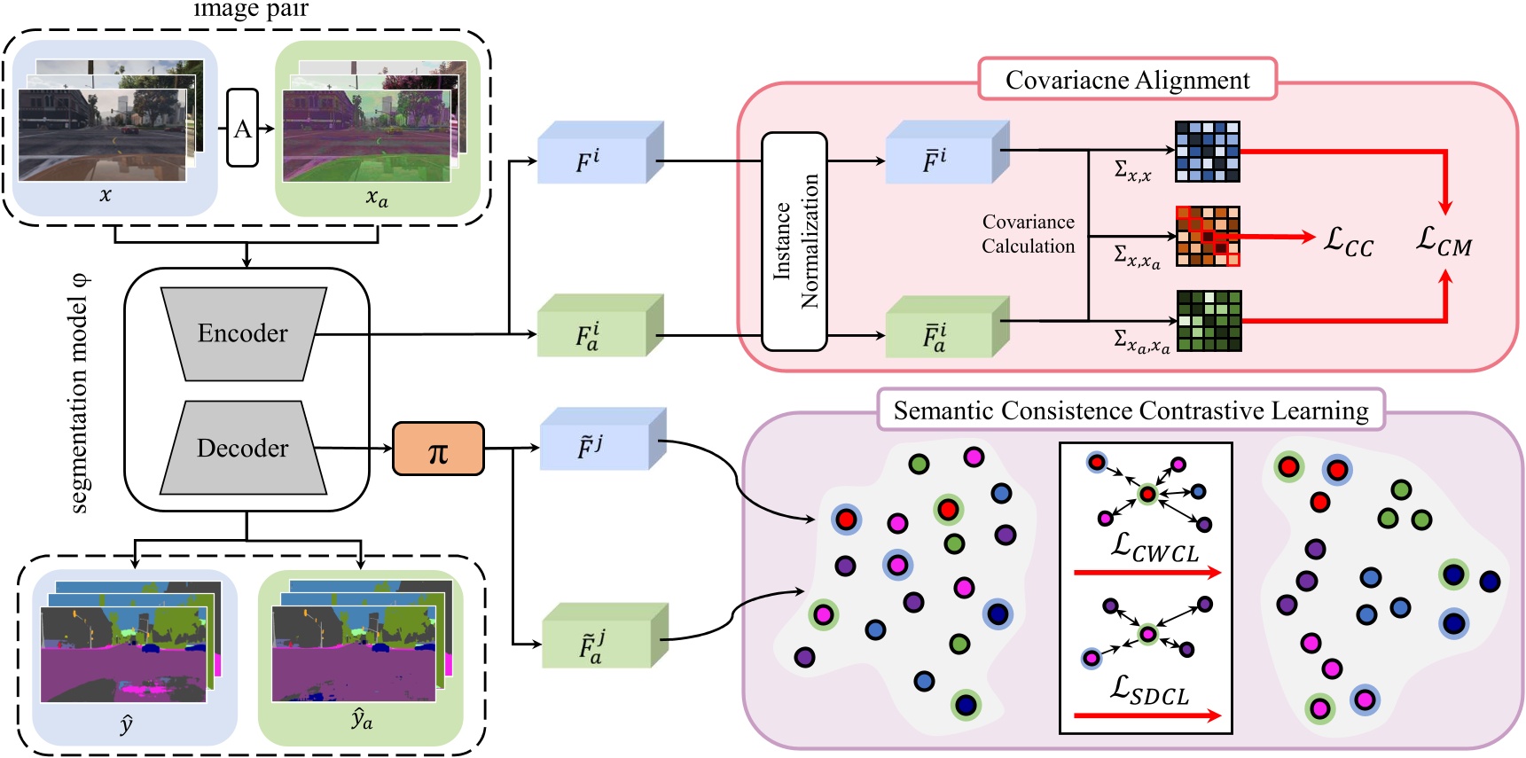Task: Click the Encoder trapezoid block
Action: (x=243, y=333)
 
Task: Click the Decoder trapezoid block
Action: (x=243, y=448)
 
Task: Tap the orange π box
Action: (x=438, y=449)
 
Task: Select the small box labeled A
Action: (x=242, y=129)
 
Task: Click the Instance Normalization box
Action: (x=794, y=241)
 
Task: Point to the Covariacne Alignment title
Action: (x=1127, y=80)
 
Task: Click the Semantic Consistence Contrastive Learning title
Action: (x=1131, y=410)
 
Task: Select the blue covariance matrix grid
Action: (x=1207, y=152)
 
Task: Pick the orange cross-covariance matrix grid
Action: (x=1207, y=236)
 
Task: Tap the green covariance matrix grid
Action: (x=1208, y=320)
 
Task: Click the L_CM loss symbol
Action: (x=1444, y=240)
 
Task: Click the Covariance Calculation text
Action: (x=1028, y=234)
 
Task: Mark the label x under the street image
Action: (x=106, y=195)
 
